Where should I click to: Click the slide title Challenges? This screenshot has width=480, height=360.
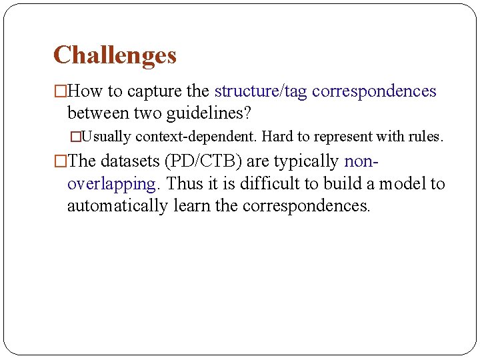(x=115, y=55)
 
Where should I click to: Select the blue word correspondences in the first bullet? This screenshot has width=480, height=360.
(x=374, y=91)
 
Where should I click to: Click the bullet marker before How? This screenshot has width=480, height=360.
(x=60, y=91)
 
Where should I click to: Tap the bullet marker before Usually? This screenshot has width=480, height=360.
(x=75, y=137)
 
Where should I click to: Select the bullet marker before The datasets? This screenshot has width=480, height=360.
(x=60, y=161)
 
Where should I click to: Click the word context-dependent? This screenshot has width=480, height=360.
(x=197, y=137)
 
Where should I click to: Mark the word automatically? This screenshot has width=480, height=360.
(x=117, y=206)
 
